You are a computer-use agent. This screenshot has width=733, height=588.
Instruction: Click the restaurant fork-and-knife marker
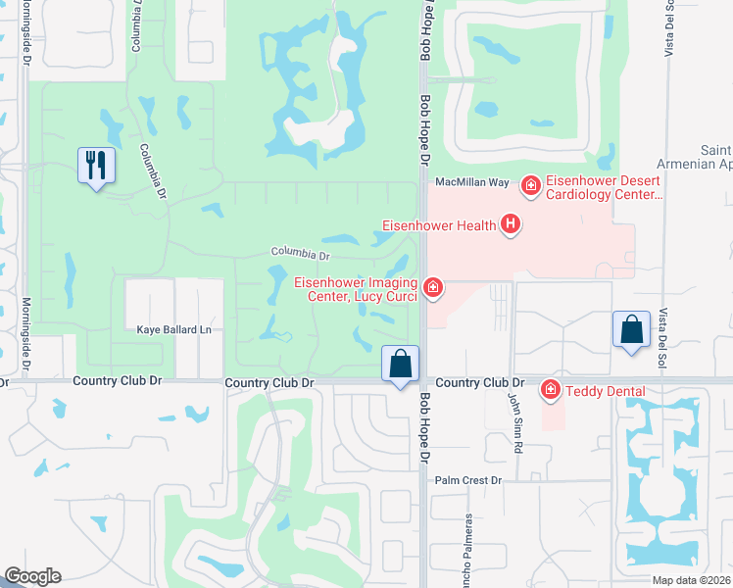96,165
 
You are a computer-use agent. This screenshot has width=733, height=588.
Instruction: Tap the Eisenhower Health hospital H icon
510,225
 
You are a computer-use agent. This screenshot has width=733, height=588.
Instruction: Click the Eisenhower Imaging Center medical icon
432,287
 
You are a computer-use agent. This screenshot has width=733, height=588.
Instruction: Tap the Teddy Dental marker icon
550,391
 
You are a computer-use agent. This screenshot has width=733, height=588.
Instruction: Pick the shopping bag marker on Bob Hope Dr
400,364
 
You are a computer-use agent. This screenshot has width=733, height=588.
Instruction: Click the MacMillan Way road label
472,182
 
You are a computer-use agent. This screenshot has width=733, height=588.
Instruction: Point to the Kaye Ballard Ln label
168,330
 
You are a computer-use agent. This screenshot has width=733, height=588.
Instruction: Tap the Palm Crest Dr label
468,480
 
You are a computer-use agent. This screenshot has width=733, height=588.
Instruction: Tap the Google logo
32,576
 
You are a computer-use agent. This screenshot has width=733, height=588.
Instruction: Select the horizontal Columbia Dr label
300,255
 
